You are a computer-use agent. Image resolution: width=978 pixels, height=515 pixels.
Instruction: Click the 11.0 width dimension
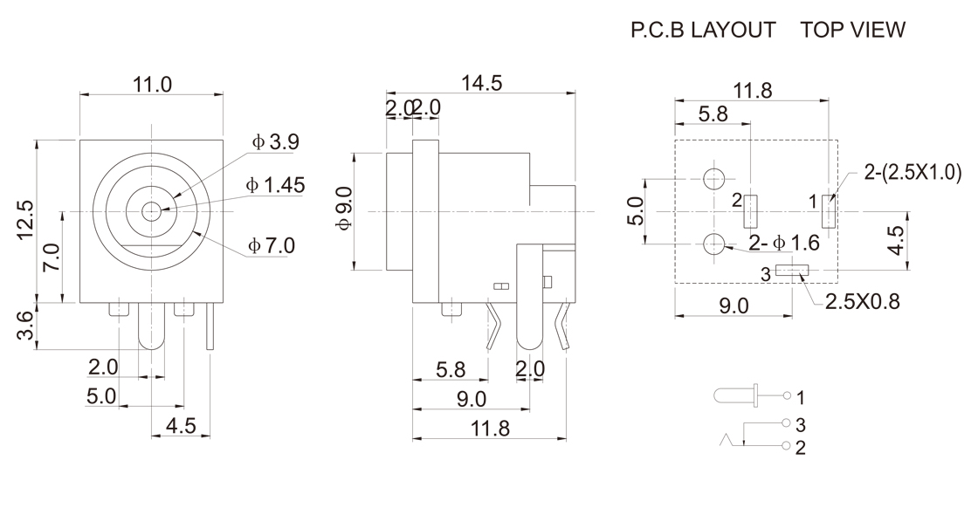(x=152, y=85)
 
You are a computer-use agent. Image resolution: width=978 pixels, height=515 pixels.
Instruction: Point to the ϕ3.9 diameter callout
(x=276, y=142)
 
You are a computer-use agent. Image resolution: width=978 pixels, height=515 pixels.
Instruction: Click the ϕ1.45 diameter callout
(x=275, y=185)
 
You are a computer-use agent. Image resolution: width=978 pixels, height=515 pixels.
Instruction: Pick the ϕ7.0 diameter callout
(x=272, y=245)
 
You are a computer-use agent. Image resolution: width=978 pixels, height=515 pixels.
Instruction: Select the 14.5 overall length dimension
(x=482, y=83)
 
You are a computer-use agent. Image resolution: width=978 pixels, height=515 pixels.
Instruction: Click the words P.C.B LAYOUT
(x=703, y=31)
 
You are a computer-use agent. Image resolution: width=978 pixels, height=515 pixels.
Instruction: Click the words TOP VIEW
(x=852, y=31)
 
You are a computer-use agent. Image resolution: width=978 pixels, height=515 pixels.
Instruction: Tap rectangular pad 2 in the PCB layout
(x=750, y=210)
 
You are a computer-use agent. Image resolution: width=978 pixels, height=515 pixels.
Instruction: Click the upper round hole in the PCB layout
(x=714, y=179)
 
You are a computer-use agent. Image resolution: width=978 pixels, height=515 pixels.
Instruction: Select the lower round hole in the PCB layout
(x=714, y=244)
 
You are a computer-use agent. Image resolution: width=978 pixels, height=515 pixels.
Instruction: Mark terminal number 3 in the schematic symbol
(x=801, y=424)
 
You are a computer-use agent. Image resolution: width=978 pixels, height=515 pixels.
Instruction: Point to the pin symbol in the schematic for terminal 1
(x=736, y=397)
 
